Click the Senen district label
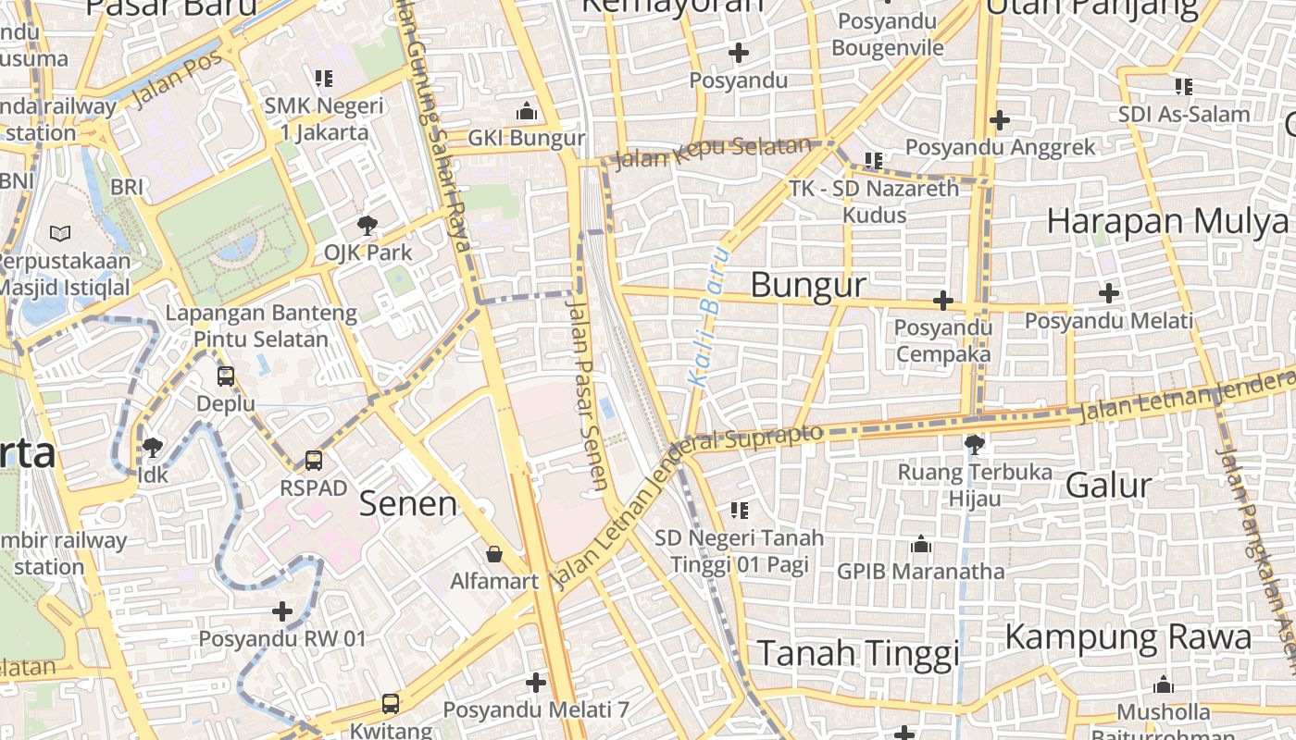click(x=407, y=504)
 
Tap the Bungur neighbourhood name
click(x=808, y=285)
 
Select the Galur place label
click(x=1108, y=486)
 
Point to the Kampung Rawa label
click(x=1128, y=637)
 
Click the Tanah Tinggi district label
click(x=858, y=653)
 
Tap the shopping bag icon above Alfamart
click(x=494, y=554)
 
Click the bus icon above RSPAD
click(x=314, y=460)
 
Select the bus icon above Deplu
click(x=226, y=376)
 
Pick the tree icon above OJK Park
click(x=368, y=224)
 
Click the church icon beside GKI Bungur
click(x=527, y=111)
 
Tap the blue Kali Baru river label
click(x=710, y=316)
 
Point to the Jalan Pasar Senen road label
click(x=588, y=393)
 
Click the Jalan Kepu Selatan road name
click(x=713, y=153)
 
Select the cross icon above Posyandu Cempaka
click(x=942, y=301)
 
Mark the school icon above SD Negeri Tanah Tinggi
click(x=739, y=510)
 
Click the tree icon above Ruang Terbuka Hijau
click(x=974, y=445)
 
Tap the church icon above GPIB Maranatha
click(x=920, y=545)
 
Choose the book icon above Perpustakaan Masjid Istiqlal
click(x=60, y=233)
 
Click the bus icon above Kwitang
click(x=391, y=704)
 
